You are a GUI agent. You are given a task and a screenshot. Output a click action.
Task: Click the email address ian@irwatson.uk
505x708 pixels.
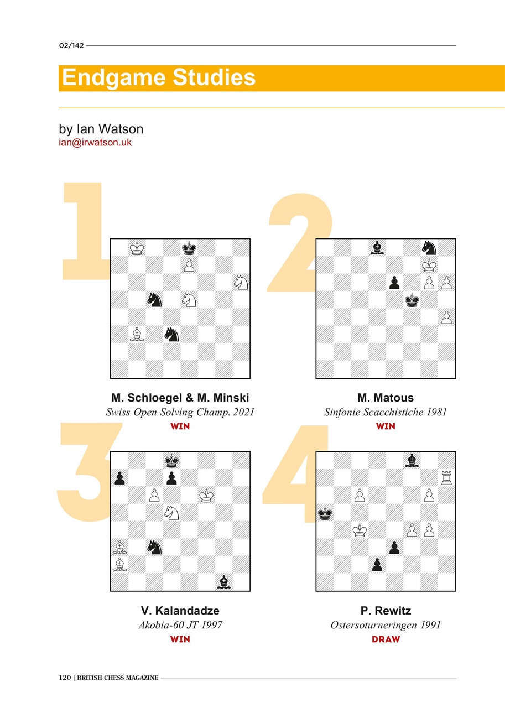click(x=95, y=143)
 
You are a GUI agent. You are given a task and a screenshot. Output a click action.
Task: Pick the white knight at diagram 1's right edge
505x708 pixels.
click(x=241, y=283)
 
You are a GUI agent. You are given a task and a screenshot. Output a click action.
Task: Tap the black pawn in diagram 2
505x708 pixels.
click(x=394, y=283)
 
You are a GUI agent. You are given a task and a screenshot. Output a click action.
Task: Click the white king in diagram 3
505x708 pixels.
click(x=207, y=495)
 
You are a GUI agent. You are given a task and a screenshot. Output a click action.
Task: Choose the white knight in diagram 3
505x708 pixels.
click(x=171, y=513)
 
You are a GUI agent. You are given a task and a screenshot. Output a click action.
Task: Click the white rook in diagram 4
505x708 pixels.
click(x=446, y=478)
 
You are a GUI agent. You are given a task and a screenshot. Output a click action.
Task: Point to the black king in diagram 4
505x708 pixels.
click(x=325, y=513)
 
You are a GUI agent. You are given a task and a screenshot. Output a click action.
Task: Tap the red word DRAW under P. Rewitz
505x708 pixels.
click(x=386, y=639)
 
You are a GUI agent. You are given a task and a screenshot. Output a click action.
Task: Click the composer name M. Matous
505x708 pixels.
click(x=386, y=398)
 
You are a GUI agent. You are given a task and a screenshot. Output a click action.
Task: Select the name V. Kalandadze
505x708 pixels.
click(x=180, y=611)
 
